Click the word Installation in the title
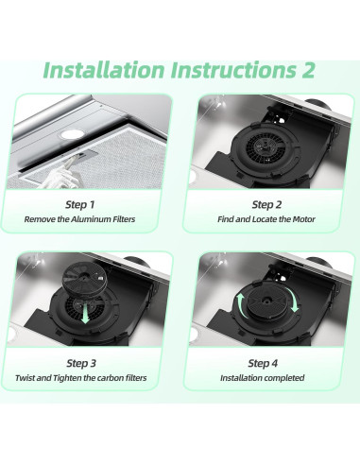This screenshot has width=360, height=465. [x=104, y=70]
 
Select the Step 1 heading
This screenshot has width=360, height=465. [x=80, y=205]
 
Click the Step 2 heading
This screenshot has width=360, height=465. [x=266, y=205]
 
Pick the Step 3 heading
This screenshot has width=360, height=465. [x=81, y=363]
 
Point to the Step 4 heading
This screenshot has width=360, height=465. [x=263, y=363]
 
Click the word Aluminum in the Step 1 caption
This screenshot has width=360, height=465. [x=91, y=219]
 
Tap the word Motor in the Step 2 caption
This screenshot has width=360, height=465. [x=303, y=219]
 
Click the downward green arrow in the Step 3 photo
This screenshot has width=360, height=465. [x=85, y=313]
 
